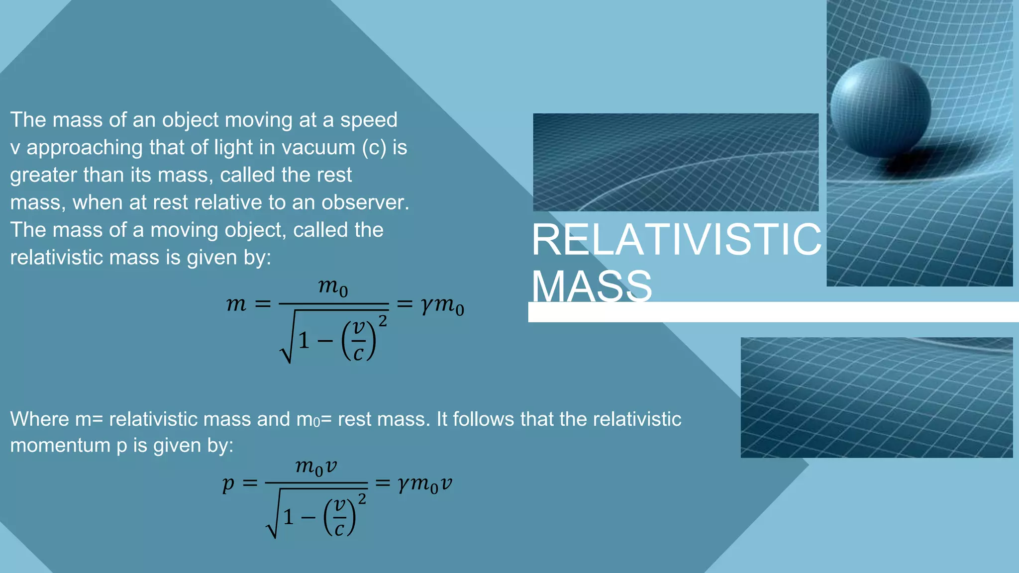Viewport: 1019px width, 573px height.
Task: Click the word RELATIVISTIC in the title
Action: tap(676, 240)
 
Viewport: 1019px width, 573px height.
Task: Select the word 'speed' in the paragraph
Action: tap(369, 120)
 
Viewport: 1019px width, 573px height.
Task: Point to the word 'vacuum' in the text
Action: tap(319, 148)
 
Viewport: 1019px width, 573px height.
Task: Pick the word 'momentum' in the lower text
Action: tap(60, 445)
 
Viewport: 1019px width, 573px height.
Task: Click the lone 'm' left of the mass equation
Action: tap(236, 303)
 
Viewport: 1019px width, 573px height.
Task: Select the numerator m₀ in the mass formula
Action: tap(333, 287)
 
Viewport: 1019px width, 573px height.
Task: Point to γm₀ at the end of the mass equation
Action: tap(442, 305)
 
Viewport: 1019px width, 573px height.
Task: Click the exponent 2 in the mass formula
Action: tap(383, 321)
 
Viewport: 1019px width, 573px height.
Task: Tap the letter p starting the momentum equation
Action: tap(228, 483)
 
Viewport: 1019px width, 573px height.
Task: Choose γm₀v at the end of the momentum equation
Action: tap(425, 483)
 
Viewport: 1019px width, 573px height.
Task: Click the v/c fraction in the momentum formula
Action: tap(340, 517)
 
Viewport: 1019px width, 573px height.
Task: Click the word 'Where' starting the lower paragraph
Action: tap(39, 419)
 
